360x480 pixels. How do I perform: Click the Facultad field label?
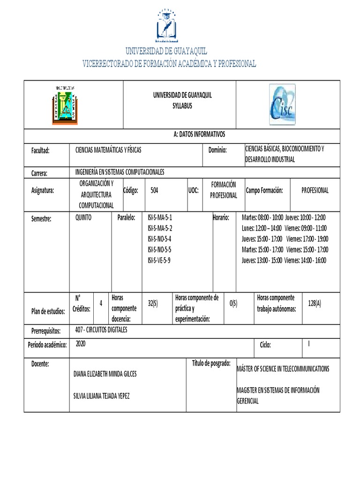40,150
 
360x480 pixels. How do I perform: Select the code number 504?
154,190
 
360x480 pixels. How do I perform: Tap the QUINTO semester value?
83,217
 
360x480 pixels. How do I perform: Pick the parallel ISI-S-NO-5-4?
159,239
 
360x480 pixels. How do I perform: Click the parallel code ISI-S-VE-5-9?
159,260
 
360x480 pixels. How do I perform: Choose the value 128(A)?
315,303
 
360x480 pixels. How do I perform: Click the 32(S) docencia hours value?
153,303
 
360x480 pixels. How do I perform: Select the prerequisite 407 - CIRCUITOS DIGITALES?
101,330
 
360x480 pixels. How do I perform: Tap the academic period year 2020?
81,344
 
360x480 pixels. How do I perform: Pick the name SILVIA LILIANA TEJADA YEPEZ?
101,396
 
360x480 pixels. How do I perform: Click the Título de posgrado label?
211,363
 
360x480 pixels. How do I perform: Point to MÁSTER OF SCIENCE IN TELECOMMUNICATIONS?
283,368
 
